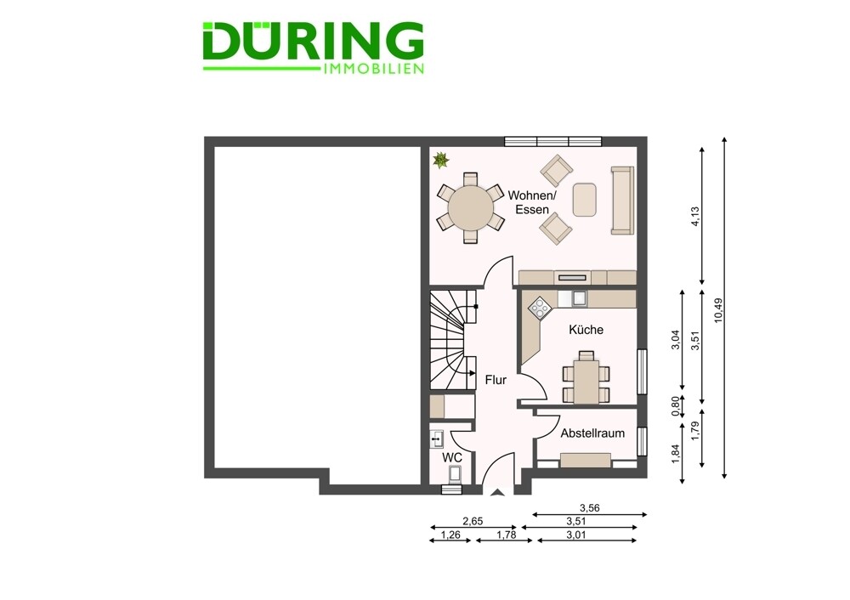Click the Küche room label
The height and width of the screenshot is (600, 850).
[x=586, y=330]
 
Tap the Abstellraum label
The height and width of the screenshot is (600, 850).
[x=592, y=433]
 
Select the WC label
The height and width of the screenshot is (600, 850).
[x=452, y=458]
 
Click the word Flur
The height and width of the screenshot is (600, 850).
[x=496, y=380]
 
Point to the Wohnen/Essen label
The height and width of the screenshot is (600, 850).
[x=532, y=202]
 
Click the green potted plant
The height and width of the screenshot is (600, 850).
[x=440, y=160]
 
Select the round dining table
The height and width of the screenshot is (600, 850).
[x=471, y=208]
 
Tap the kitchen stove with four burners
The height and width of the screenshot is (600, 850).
[x=540, y=308]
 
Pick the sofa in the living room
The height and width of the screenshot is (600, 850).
[x=622, y=201]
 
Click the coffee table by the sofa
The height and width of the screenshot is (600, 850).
[x=585, y=200]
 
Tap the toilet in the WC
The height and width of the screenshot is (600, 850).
[x=454, y=474]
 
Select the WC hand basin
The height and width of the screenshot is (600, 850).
[x=437, y=439]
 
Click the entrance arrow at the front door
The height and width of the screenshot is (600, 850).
[x=496, y=492]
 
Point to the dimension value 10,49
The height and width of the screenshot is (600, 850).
[x=719, y=310]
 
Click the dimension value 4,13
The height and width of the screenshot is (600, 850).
[x=696, y=217]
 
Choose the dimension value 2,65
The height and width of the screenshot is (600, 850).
[x=473, y=522]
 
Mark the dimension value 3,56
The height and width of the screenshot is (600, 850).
[x=590, y=508]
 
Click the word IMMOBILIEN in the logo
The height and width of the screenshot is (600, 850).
[x=373, y=69]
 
